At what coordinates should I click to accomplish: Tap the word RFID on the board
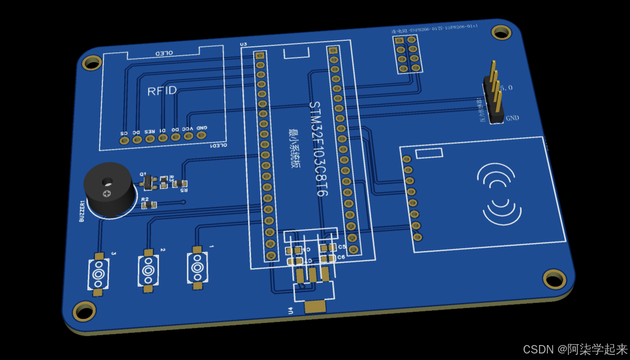coord(162,91)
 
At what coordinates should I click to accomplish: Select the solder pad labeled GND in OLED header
coord(202,135)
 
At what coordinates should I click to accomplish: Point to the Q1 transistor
coord(148,182)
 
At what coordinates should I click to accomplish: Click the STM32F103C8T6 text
coord(319,148)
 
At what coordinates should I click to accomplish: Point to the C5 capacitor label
coord(342,247)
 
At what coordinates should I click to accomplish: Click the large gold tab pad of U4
coord(315,307)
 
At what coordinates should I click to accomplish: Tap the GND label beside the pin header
coord(512,118)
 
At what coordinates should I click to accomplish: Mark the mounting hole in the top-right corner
coord(501,32)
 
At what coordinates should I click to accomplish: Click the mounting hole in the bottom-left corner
coord(85,311)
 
